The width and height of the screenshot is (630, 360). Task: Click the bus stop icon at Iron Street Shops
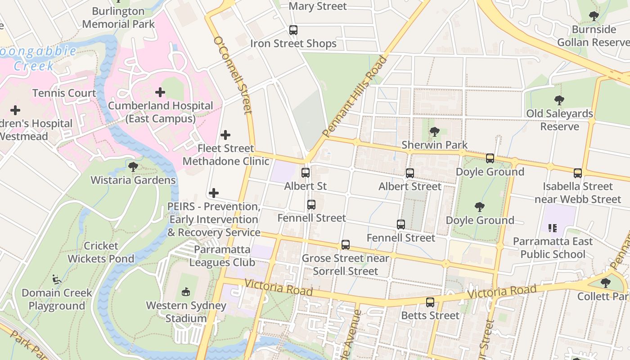[x=293, y=30]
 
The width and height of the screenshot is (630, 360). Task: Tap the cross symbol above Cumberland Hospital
[x=160, y=92]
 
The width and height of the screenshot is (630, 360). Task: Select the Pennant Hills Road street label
[x=355, y=96]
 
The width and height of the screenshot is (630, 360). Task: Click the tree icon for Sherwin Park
[x=434, y=132]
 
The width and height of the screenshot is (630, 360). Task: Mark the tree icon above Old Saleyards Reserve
[x=559, y=100]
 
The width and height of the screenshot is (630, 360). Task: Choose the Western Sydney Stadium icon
[x=186, y=292]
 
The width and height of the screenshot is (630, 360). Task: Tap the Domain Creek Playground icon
[x=57, y=279]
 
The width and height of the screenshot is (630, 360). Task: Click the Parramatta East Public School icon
[x=553, y=228]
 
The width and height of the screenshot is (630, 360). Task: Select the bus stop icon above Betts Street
[x=430, y=302]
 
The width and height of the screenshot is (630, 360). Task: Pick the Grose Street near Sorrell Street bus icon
[x=345, y=245]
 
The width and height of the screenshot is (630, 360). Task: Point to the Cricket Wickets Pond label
[x=101, y=252]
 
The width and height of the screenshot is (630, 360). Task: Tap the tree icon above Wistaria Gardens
[x=133, y=167]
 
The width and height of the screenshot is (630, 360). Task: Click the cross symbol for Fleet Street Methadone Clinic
[x=225, y=135]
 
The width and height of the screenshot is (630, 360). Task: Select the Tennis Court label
[x=64, y=93]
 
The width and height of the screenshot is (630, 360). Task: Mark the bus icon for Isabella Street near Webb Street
[x=578, y=173]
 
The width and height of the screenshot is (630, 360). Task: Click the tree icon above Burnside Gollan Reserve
[x=594, y=17]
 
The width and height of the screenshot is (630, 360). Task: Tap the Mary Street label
[x=318, y=6]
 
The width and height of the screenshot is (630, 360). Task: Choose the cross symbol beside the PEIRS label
[x=214, y=193]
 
